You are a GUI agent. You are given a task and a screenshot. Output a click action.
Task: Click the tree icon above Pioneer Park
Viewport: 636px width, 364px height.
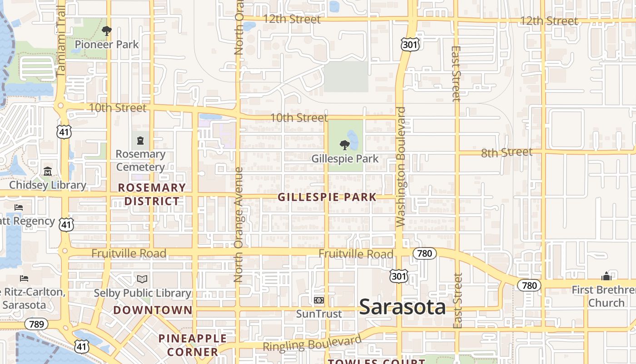107,31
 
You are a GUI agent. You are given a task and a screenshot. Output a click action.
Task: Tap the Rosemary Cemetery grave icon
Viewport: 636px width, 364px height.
140,141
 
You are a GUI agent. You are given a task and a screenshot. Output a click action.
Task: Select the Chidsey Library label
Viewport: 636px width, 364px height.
48,185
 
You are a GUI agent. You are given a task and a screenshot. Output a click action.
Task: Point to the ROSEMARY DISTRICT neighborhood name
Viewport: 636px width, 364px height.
152,194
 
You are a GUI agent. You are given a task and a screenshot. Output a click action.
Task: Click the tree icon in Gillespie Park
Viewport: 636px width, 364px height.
345,145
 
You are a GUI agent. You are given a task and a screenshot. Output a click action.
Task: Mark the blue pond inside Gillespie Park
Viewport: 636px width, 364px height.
353,139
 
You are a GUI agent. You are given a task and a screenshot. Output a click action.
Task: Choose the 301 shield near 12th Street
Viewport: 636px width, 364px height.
409,44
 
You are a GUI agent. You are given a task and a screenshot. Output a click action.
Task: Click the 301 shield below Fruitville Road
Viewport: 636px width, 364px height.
398,276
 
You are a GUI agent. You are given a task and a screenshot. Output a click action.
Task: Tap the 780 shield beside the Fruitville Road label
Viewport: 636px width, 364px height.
424,253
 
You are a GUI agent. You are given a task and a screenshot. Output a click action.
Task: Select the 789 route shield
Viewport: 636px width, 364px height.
34,324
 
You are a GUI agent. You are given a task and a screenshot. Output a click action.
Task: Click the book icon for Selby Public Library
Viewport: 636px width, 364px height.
142,279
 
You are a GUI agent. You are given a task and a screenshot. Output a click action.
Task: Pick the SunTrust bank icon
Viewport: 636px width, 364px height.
319,300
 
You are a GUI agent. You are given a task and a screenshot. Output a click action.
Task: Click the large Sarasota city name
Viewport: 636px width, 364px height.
402,307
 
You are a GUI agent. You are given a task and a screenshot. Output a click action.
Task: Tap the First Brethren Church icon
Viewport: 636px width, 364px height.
606,276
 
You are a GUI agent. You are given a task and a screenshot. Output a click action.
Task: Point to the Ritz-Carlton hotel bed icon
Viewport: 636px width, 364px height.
24,278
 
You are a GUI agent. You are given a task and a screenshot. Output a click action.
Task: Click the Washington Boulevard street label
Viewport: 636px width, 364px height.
400,167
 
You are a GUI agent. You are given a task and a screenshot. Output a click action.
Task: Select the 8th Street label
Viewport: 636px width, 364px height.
507,152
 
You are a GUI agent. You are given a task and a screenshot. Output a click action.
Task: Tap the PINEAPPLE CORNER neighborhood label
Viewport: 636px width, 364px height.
193,345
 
